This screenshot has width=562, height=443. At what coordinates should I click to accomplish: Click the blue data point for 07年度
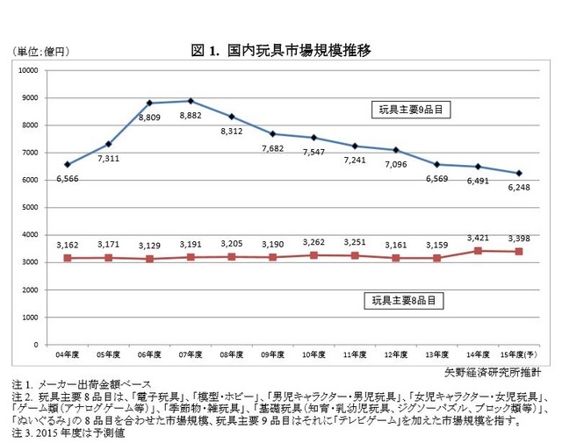(x=191, y=101)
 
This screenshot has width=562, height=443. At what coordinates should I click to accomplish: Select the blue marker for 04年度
(x=68, y=164)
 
